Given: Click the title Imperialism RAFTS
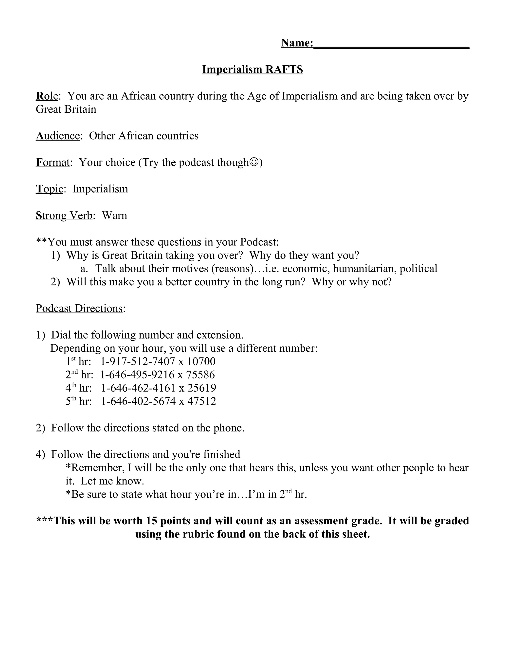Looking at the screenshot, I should pyautogui.click(x=252, y=69).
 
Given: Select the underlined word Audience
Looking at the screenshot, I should pyautogui.click(x=58, y=136).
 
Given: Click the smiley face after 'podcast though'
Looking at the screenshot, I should pyautogui.click(x=254, y=162).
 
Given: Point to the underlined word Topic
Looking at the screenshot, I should pyautogui.click(x=49, y=189).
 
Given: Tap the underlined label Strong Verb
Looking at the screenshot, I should pyautogui.click(x=64, y=216).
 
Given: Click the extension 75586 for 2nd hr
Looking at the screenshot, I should pyautogui.click(x=200, y=375).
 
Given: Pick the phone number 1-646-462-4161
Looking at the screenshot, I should pyautogui.click(x=138, y=388).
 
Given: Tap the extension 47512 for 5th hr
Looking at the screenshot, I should pyautogui.click(x=202, y=401).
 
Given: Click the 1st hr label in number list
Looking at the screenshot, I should pyautogui.click(x=78, y=361).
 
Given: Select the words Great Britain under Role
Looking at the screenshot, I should pyautogui.click(x=66, y=109).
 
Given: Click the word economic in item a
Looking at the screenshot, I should pyautogui.click(x=306, y=269).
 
